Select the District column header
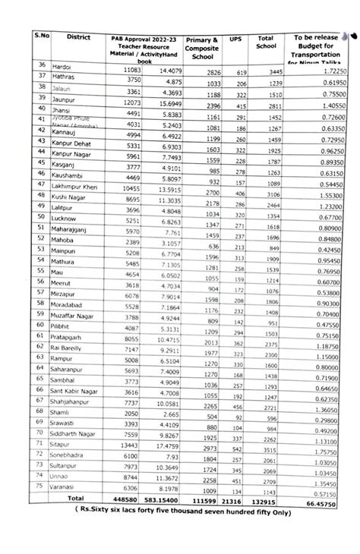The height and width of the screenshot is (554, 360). tap(78, 37)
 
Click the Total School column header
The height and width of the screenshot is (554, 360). tap(266, 42)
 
